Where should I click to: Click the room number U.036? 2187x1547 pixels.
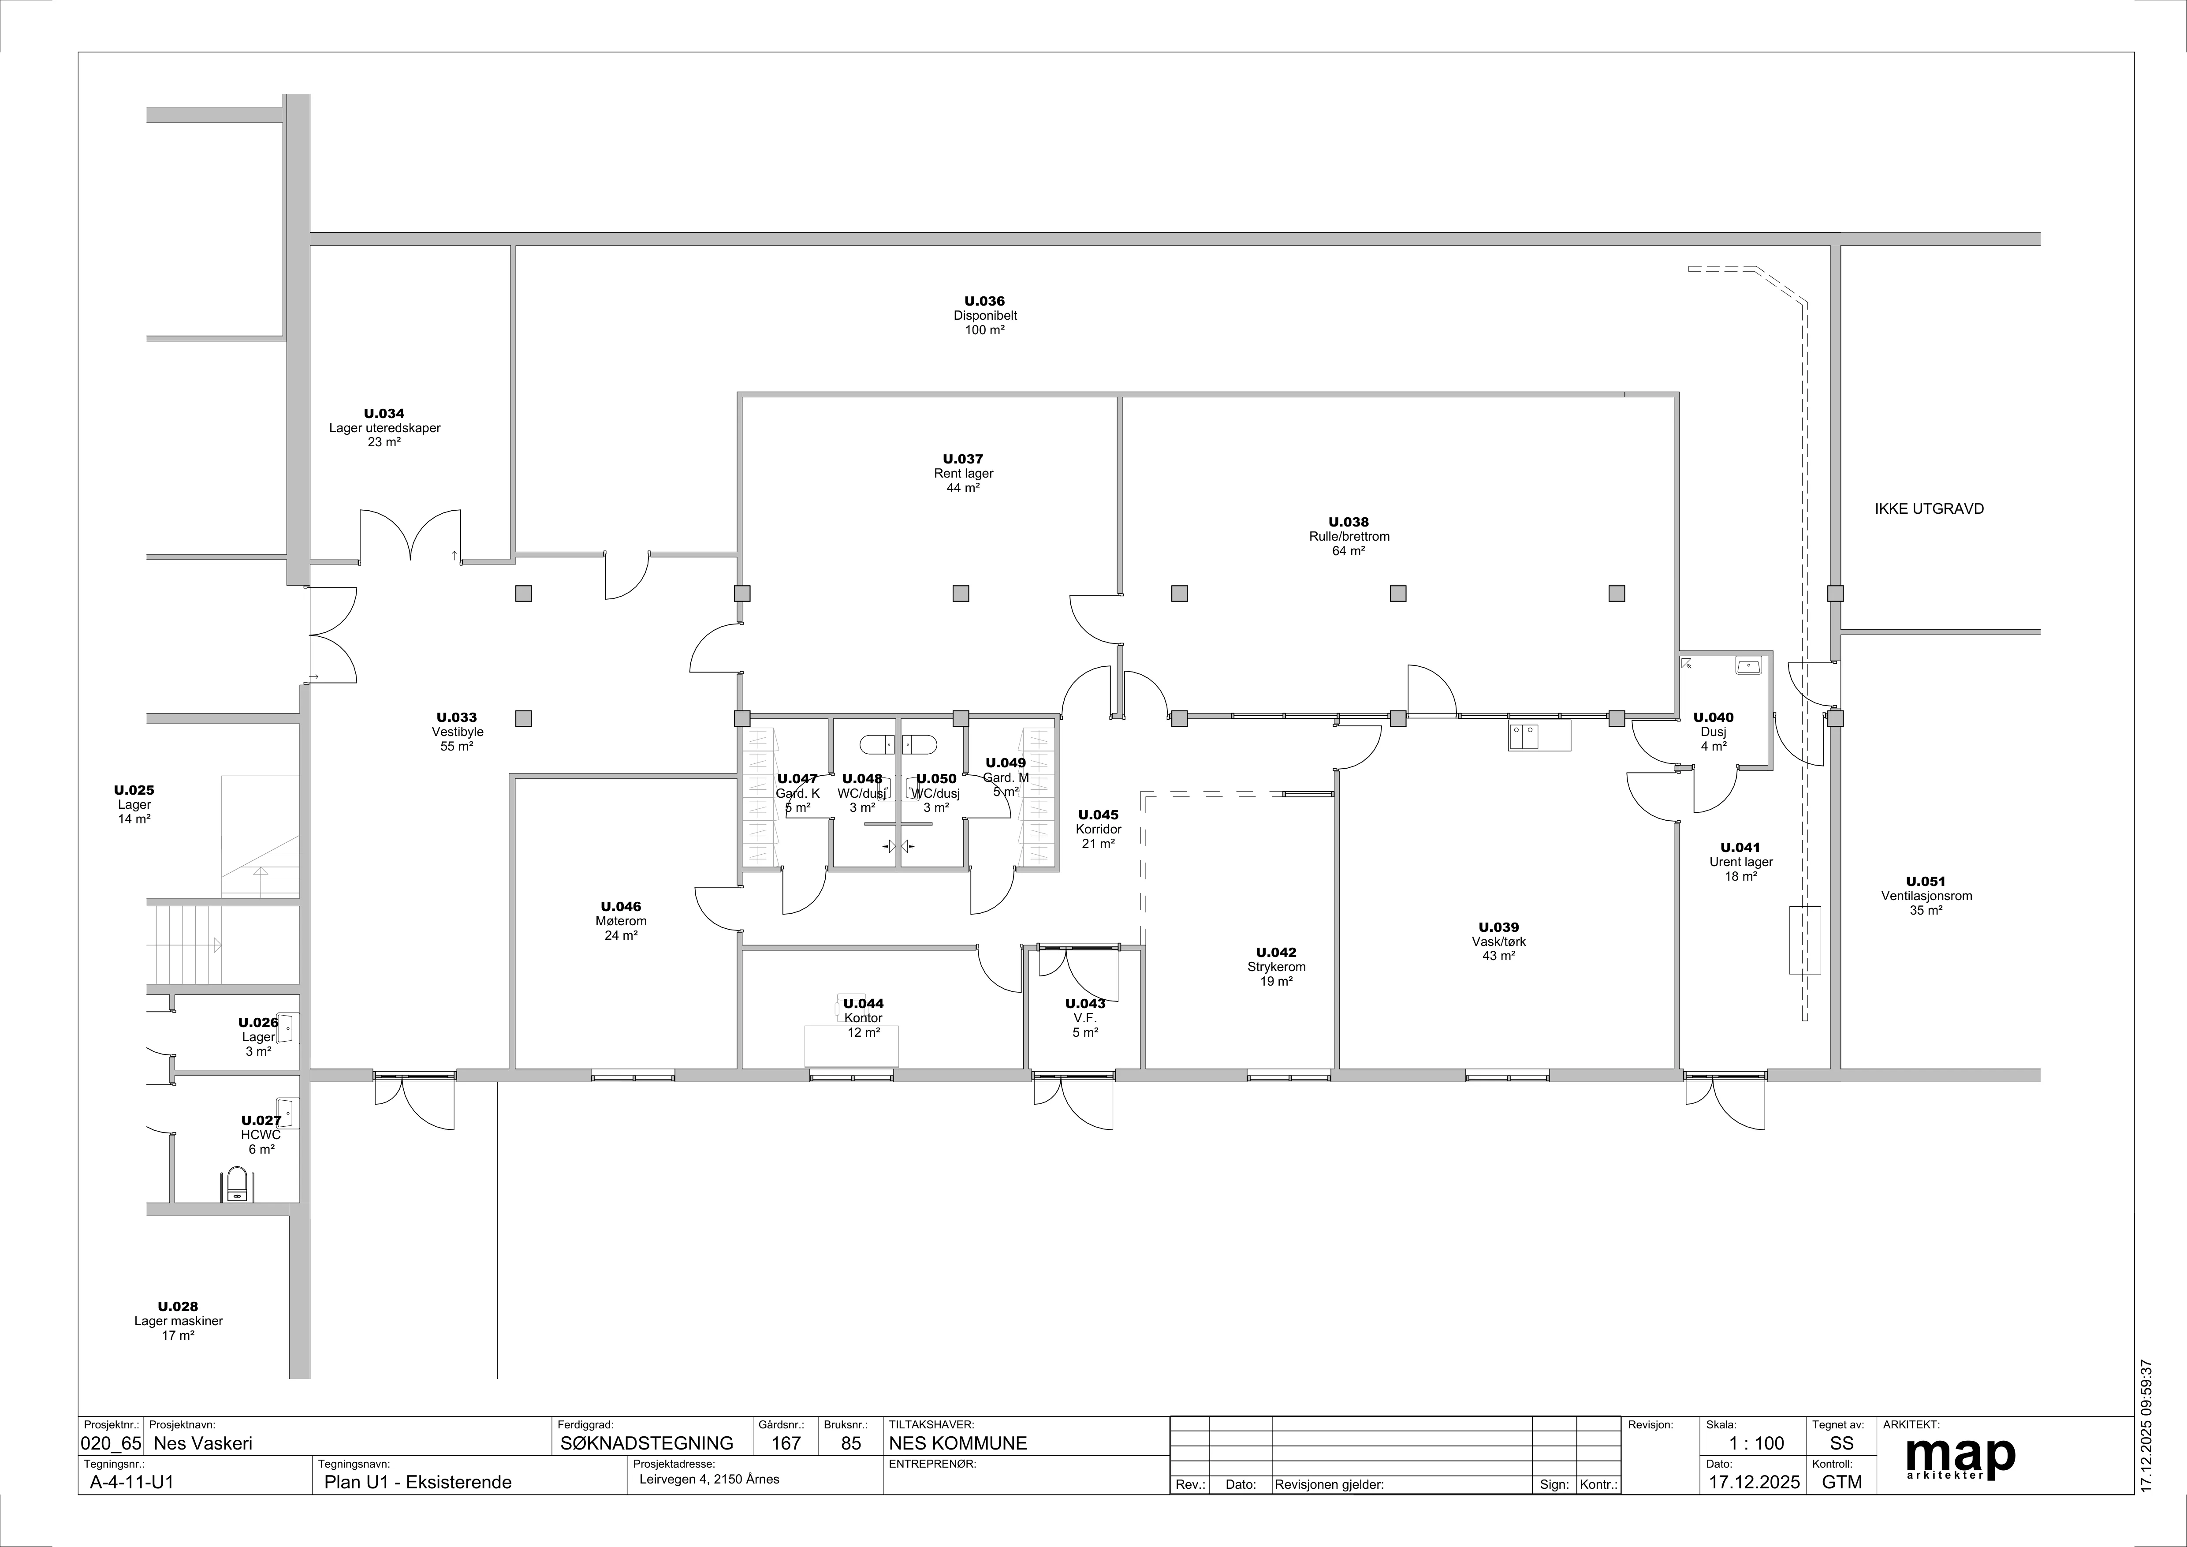[x=985, y=301]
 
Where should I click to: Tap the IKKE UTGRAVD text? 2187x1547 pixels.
[x=1929, y=508]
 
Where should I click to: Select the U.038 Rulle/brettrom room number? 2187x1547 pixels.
[x=1349, y=522]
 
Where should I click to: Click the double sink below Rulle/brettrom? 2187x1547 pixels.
[x=1539, y=736]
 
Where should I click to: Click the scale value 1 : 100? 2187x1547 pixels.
[x=1756, y=1443]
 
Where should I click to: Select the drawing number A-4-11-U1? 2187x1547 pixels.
[x=131, y=1482]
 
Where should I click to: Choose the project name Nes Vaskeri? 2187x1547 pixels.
[x=203, y=1443]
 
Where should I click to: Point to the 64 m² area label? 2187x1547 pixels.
[x=1349, y=551]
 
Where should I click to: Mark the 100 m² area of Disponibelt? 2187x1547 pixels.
[x=985, y=329]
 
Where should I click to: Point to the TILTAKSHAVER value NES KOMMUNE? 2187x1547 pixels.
[x=958, y=1443]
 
